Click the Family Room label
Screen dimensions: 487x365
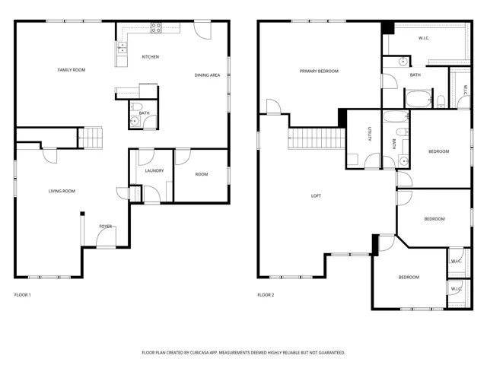(72, 70)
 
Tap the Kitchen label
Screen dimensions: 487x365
(151, 57)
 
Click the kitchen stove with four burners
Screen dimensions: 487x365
(156, 28)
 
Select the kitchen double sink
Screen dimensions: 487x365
(123, 48)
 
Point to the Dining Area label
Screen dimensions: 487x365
(207, 75)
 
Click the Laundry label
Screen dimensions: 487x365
(154, 170)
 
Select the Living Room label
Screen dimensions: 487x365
(62, 191)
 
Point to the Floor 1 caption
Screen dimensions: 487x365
(23, 295)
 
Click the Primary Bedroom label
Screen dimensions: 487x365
(319, 71)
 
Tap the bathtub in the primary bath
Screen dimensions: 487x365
(419, 99)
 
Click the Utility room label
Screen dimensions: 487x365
(370, 134)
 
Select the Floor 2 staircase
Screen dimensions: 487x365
(317, 138)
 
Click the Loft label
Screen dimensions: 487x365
(316, 196)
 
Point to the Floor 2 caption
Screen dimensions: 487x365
(266, 295)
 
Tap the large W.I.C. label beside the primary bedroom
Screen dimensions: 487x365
(424, 38)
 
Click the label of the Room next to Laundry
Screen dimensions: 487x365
(202, 174)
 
